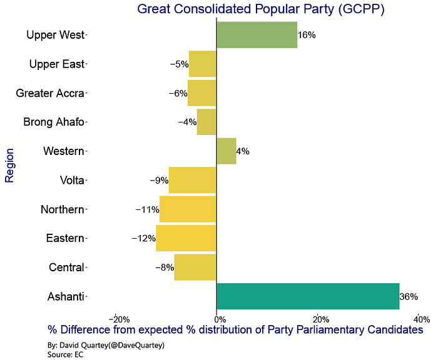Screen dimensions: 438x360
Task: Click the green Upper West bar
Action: [x=257, y=35]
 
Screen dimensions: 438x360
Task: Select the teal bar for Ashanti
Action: [x=308, y=296]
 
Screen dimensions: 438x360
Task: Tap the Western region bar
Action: [x=227, y=151]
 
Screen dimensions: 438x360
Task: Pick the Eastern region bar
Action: [x=186, y=238]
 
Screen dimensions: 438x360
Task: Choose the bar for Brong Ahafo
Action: [x=206, y=122]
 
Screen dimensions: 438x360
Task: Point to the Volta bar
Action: [x=193, y=180]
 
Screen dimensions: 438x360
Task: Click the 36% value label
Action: [x=409, y=297]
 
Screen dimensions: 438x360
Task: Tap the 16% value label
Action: [x=307, y=35]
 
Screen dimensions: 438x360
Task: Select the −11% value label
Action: [x=148, y=209]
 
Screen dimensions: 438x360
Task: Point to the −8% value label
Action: [x=165, y=267]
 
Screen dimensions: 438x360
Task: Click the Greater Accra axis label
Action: [x=50, y=93]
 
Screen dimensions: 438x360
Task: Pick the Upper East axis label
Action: [x=57, y=64]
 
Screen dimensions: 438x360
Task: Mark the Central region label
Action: [x=66, y=267]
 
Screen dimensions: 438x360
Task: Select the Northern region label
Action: [x=63, y=209]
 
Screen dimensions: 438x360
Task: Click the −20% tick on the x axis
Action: [x=120, y=319]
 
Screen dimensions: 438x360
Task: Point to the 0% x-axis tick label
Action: [x=220, y=319]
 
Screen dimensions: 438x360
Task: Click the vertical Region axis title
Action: [x=9, y=166]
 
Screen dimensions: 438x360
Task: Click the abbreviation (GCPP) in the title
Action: [x=362, y=9]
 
